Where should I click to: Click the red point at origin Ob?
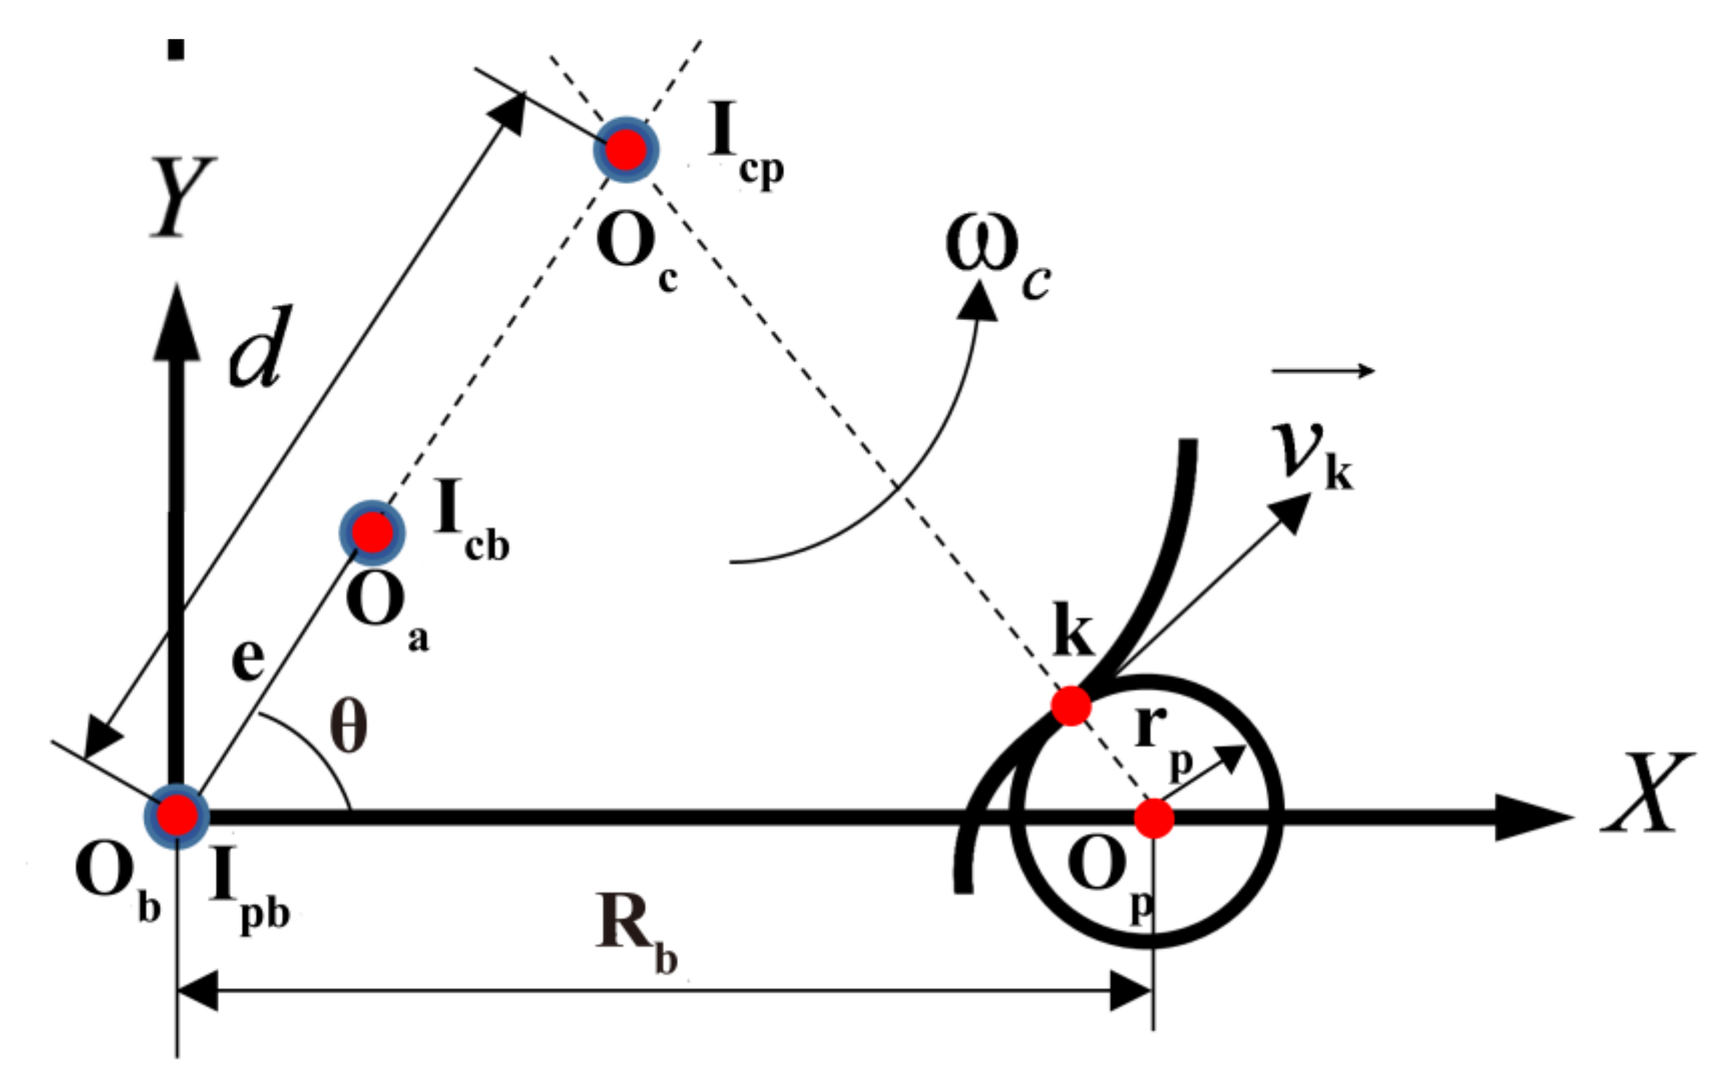[177, 817]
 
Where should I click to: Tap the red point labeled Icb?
[372, 532]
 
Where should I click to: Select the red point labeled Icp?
[626, 150]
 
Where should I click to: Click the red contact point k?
[1070, 706]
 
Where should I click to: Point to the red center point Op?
[1154, 819]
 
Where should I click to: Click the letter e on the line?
[248, 659]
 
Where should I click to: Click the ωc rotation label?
[997, 258]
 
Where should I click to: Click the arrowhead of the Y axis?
[177, 322]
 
